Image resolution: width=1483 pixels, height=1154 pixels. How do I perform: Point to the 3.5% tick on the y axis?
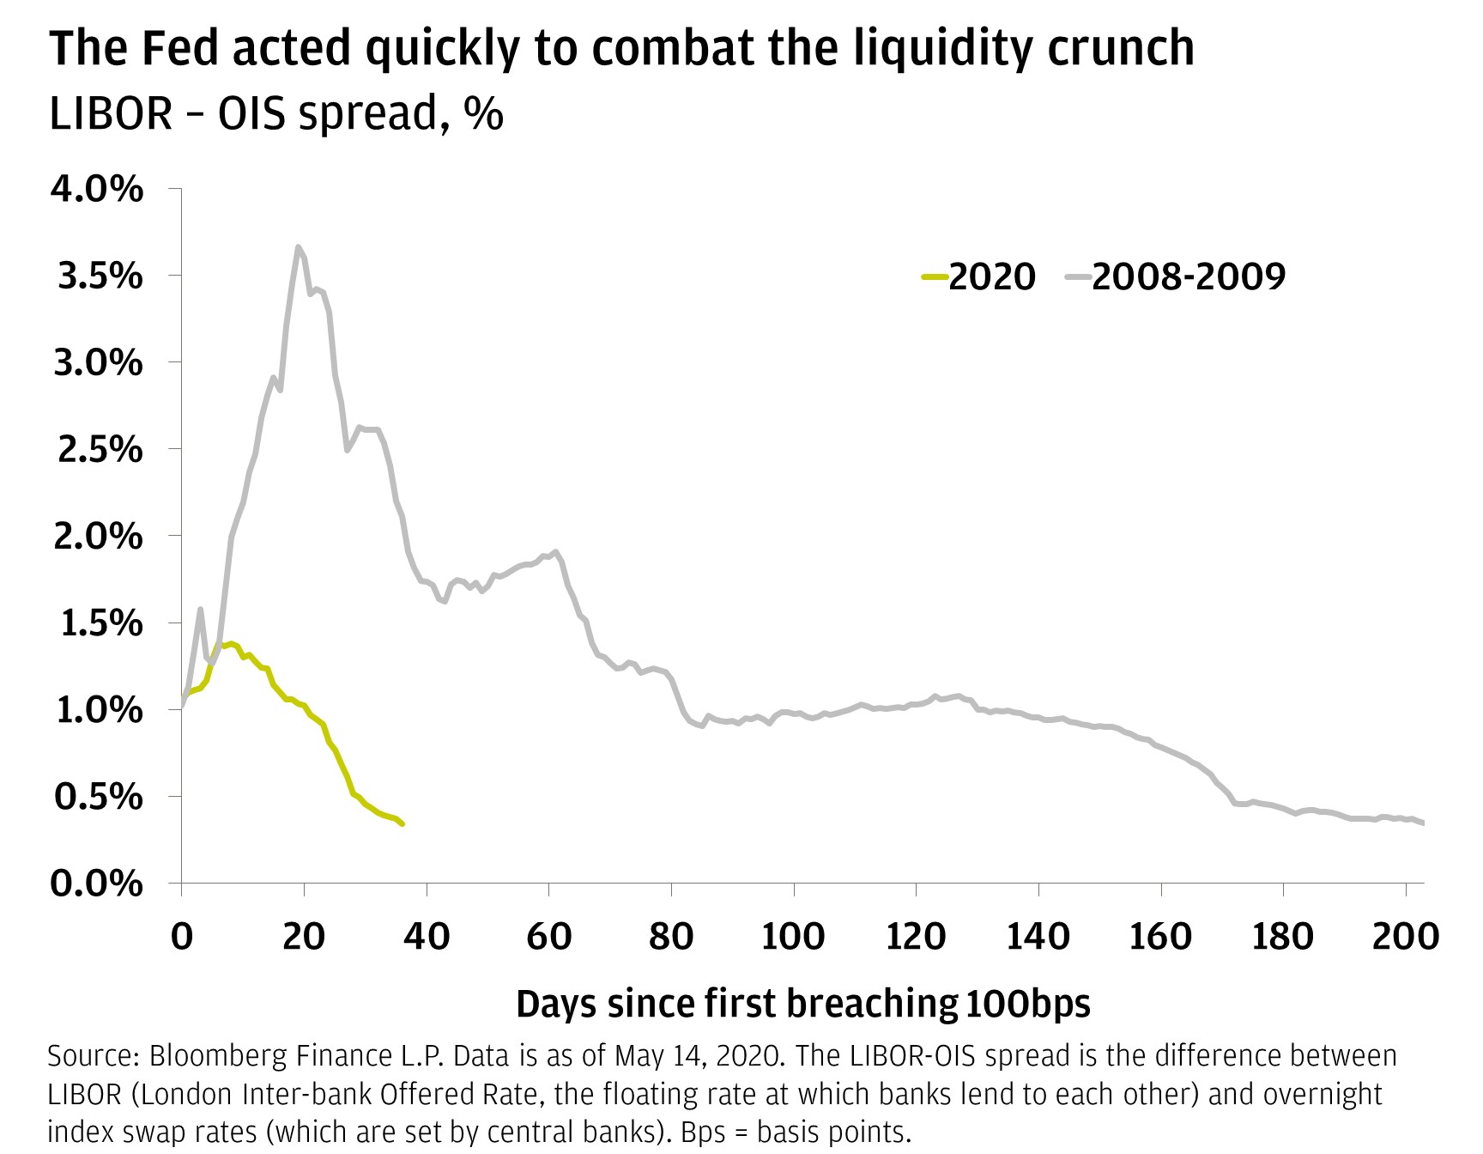[100, 276]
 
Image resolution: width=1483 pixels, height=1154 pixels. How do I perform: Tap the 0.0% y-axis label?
[97, 884]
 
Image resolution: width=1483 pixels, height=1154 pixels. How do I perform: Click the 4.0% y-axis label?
[97, 189]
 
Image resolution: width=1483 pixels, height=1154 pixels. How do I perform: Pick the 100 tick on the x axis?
[793, 936]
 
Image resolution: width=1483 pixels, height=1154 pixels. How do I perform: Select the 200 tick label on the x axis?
[1405, 936]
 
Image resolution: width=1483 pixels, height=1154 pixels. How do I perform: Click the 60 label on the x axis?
[548, 936]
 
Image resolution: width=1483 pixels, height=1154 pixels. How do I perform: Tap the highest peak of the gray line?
[298, 247]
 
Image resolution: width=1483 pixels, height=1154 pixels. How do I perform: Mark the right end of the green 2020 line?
[403, 824]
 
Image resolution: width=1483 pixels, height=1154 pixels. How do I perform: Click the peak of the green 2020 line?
[231, 643]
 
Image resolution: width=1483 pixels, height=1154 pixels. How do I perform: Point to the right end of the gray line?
[1423, 823]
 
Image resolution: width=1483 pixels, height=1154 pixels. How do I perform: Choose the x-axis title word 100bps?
[1028, 1003]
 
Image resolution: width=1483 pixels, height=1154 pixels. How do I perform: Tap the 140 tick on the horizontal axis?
[1038, 936]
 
